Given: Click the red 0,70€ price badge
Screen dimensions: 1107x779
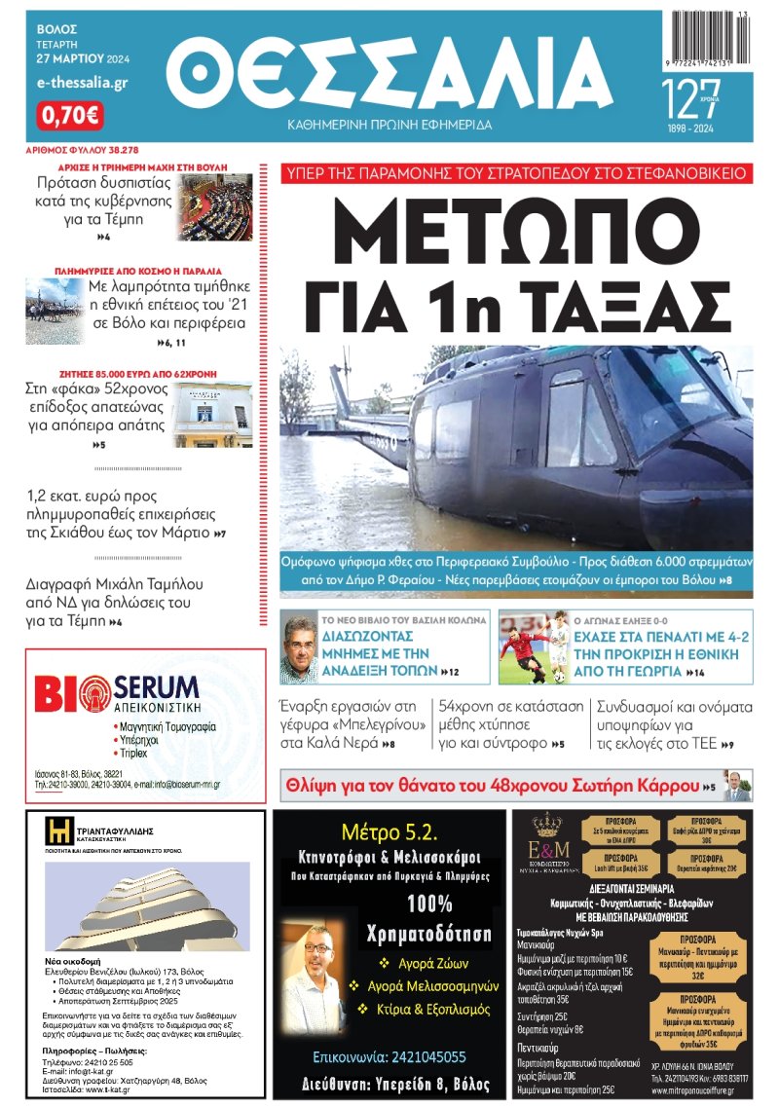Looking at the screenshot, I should point(69,116).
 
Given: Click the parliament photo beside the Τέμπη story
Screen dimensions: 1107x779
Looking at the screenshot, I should point(215,207).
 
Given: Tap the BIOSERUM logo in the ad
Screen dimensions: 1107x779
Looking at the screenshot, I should point(117,693).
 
